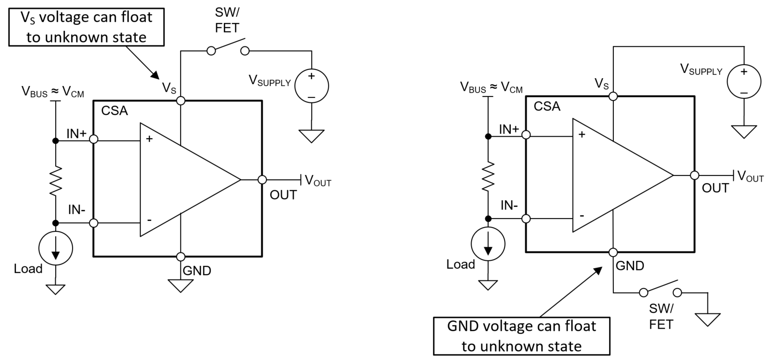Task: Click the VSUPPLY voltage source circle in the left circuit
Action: pos(311,86)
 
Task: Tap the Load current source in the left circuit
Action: pos(56,249)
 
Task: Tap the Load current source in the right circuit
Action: pos(488,244)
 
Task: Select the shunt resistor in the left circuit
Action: pos(56,181)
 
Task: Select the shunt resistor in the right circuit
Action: pos(488,176)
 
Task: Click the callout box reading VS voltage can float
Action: pos(86,27)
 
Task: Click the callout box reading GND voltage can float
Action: pos(522,336)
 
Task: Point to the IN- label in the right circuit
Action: pos(509,205)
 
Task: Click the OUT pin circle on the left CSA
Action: pos(262,180)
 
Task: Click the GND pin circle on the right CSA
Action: pos(613,252)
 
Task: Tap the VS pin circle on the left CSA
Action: pos(181,100)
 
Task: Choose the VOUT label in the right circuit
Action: pos(750,176)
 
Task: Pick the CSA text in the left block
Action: pos(114,111)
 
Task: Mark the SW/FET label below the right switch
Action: pos(661,316)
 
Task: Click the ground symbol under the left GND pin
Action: pos(181,285)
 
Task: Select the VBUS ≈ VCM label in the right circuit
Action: pos(491,87)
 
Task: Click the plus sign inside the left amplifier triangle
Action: pos(149,139)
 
